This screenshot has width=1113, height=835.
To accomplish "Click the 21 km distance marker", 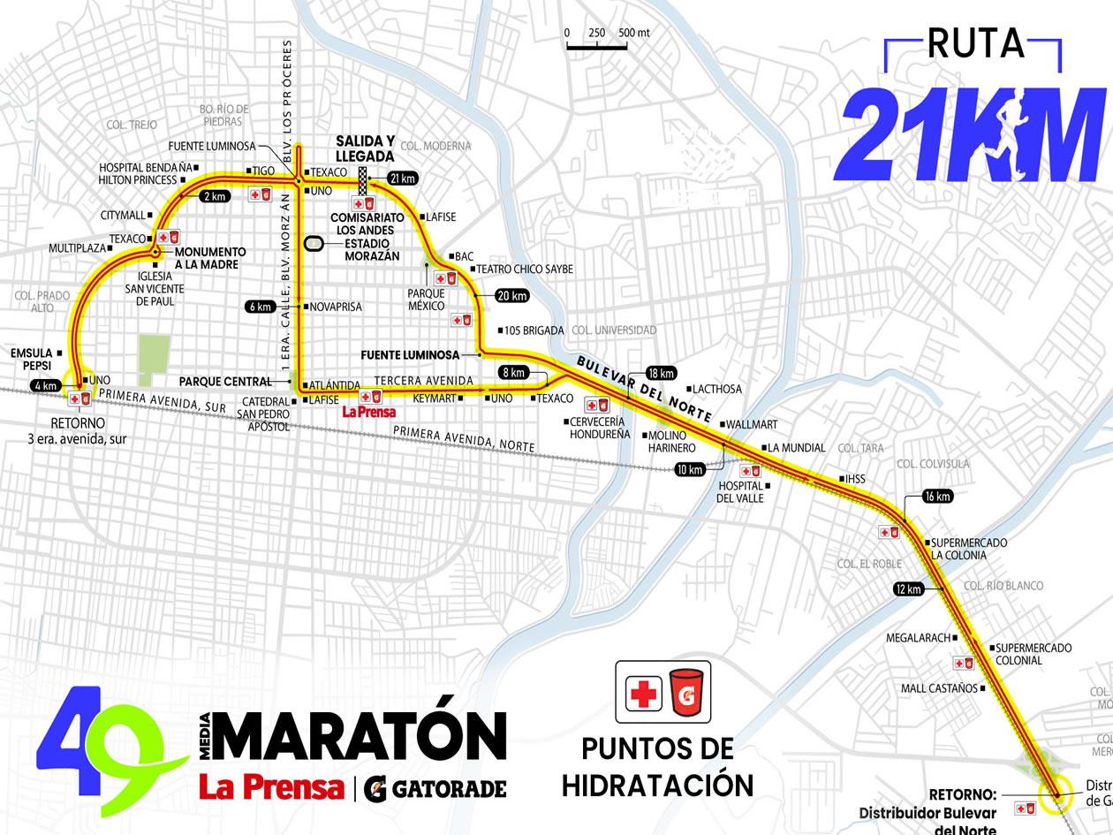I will (x=401, y=178).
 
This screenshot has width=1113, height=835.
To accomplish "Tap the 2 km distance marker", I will (x=216, y=196).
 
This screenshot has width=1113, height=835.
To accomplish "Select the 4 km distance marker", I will (x=45, y=386).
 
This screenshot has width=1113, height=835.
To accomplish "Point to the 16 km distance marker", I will (x=937, y=497).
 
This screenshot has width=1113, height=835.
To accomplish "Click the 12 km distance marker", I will (x=908, y=589).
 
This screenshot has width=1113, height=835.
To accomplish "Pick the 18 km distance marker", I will (x=661, y=373).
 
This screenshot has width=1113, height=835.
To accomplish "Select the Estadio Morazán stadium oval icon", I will (x=314, y=244).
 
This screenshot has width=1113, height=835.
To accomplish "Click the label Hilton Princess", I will (x=138, y=179).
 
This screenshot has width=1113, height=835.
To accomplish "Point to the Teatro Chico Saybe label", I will (x=525, y=269).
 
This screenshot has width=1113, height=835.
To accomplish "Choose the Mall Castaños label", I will (x=939, y=688).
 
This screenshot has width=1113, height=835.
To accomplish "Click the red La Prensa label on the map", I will (x=368, y=412).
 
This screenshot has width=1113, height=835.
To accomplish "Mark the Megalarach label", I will (x=918, y=638).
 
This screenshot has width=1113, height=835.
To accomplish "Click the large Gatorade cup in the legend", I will (x=685, y=693).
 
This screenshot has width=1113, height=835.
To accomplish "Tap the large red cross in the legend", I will (x=643, y=695).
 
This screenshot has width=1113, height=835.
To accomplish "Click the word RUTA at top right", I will (x=975, y=42).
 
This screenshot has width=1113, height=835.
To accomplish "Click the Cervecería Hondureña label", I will (x=599, y=429).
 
